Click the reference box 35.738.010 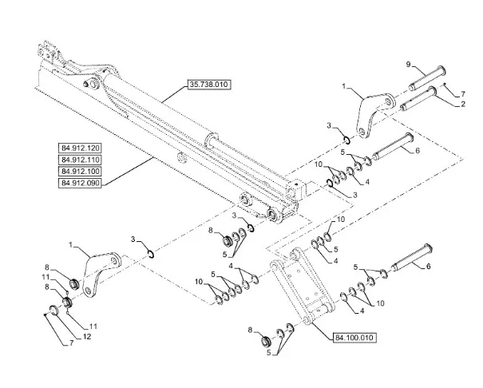point(208,83)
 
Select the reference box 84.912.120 point(80,148)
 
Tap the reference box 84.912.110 point(80,160)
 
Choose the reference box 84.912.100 point(80,171)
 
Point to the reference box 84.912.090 point(80,183)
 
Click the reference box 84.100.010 point(351,338)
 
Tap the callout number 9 point(410,64)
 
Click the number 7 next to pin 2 point(461,94)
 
